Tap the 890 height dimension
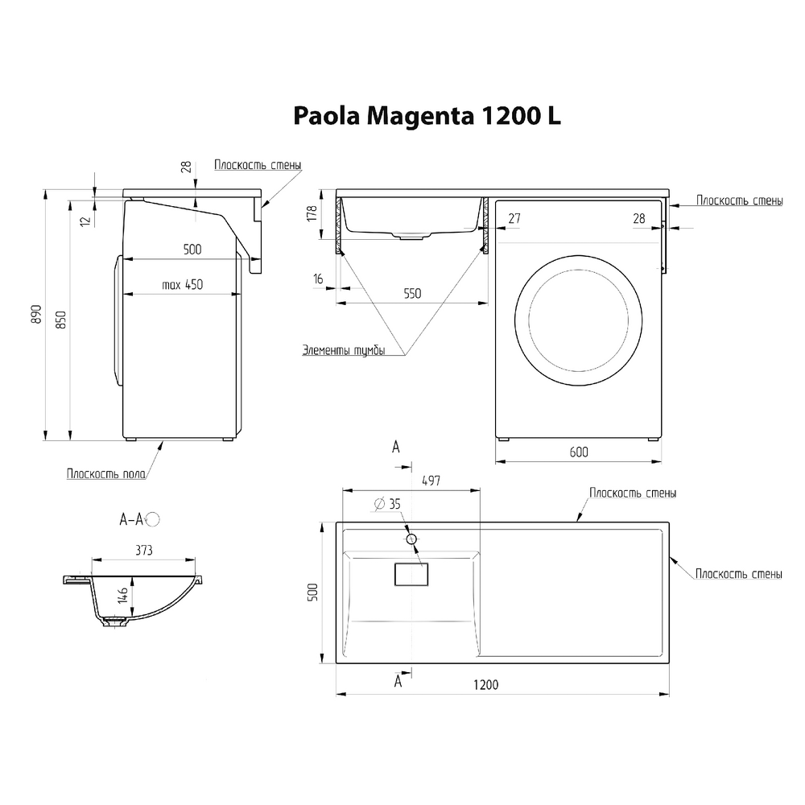click(36, 314)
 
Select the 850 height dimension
click(61, 320)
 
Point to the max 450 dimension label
click(182, 284)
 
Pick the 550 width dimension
click(412, 294)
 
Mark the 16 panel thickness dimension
click(319, 279)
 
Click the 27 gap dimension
click(514, 218)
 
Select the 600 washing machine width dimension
click(578, 452)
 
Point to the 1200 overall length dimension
click(486, 685)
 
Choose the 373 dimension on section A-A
click(144, 551)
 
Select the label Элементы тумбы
click(343, 350)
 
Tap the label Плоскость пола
click(106, 474)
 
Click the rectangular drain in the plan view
click(411, 574)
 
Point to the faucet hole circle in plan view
click(411, 539)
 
